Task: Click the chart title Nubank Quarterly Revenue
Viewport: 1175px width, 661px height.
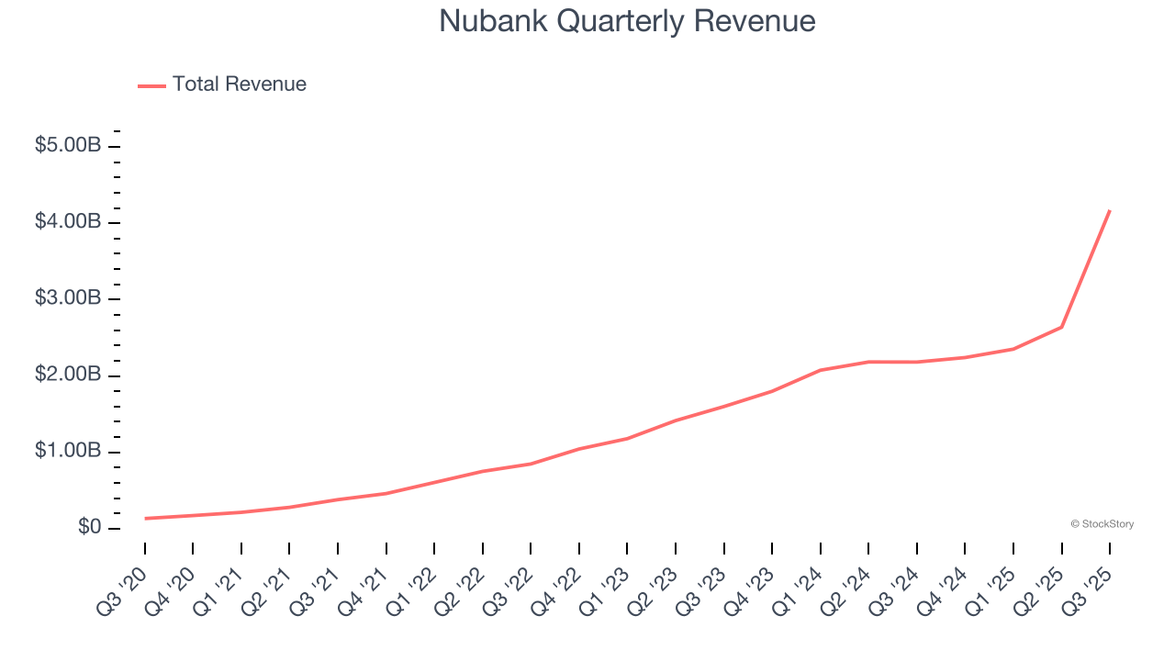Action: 627,21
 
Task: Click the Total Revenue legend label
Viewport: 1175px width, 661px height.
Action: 239,84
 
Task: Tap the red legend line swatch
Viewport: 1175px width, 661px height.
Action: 151,85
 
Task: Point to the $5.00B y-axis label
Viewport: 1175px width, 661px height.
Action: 68,146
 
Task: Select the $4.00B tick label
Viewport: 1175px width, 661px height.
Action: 68,222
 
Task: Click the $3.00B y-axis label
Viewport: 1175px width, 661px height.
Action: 68,299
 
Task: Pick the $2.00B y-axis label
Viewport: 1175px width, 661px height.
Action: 68,375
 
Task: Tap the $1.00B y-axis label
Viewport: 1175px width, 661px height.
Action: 68,452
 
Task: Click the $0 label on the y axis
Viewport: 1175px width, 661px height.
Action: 90,528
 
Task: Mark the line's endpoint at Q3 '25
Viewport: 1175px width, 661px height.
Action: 1110,211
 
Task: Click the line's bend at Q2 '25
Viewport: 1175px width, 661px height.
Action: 1062,327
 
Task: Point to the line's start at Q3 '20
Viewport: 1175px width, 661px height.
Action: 145,519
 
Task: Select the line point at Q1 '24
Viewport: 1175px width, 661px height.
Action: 821,370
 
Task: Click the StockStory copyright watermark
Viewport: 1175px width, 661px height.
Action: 1102,524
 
